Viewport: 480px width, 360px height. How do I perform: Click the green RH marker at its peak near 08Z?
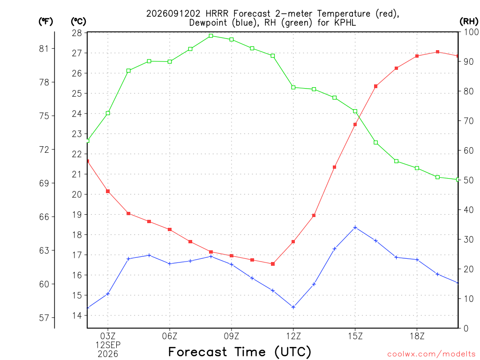tap(211, 36)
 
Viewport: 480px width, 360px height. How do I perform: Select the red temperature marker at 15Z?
tap(355, 125)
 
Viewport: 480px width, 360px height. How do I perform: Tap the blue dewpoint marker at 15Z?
tap(355, 227)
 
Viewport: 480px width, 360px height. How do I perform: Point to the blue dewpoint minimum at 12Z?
tap(293, 307)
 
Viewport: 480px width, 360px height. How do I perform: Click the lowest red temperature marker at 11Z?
tap(273, 264)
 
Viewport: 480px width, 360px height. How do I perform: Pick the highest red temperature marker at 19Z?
tap(437, 52)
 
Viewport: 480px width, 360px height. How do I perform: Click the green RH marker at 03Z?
tap(108, 113)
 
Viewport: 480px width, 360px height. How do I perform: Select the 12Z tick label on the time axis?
tap(293, 337)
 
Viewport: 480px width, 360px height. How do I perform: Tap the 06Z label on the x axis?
tap(170, 337)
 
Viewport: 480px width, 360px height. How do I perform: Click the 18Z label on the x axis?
tap(417, 337)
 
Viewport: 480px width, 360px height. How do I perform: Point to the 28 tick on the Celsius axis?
tap(77, 33)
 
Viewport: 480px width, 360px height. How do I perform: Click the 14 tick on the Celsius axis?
tap(77, 315)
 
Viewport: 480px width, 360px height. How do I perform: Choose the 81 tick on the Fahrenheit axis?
tap(44, 48)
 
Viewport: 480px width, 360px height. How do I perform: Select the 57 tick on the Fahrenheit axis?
tap(44, 318)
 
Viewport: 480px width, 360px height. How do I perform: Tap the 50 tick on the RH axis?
tap(469, 180)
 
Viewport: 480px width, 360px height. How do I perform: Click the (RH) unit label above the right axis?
tap(469, 22)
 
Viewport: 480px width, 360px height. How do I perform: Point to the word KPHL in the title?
tap(345, 22)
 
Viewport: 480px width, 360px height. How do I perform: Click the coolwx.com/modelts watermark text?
tap(431, 354)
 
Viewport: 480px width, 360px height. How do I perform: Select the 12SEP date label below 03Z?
tap(108, 345)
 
